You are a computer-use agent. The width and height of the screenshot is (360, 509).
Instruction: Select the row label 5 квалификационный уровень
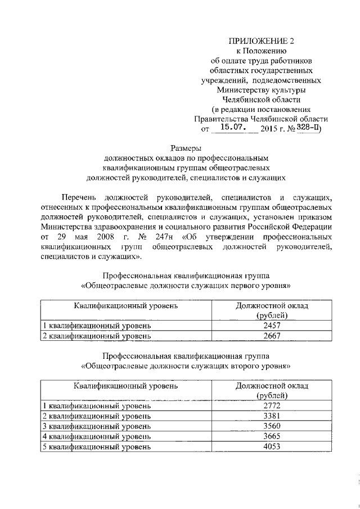click(x=97, y=447)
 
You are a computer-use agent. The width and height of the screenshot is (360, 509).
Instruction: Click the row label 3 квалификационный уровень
click(x=97, y=426)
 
